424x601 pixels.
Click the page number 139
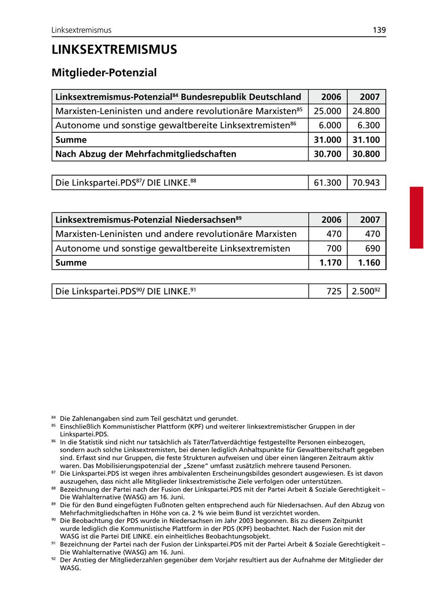(x=379, y=30)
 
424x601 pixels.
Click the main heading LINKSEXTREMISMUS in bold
(x=114, y=50)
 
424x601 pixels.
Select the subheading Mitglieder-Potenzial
(x=104, y=73)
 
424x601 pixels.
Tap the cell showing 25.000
(x=327, y=111)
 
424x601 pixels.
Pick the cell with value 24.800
(x=366, y=111)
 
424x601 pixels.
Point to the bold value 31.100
(x=366, y=140)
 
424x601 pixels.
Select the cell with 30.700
(x=327, y=154)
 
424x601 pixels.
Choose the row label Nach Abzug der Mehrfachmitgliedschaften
(x=146, y=154)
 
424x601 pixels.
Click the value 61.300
(x=327, y=183)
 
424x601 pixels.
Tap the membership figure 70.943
(x=366, y=183)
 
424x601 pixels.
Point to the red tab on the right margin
(x=416, y=217)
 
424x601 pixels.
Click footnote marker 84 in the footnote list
(x=53, y=417)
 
